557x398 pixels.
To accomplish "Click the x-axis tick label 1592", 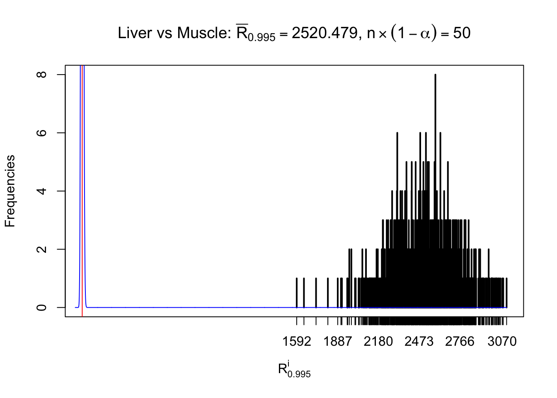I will (296, 342).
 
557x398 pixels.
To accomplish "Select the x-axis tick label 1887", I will (337, 342).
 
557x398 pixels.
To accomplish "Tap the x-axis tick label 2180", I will (378, 342).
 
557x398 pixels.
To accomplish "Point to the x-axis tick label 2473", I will (419, 342).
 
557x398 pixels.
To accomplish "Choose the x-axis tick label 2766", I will (460, 342).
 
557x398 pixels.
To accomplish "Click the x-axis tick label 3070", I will (502, 342).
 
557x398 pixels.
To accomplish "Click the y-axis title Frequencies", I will (10, 191).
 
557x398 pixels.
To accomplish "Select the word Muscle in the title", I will (204, 33).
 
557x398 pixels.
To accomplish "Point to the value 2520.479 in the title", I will (325, 33).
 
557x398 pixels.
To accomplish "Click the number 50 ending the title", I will (462, 33).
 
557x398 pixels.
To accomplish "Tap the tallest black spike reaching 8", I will (435, 124).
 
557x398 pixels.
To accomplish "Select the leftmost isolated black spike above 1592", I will (297, 293).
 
